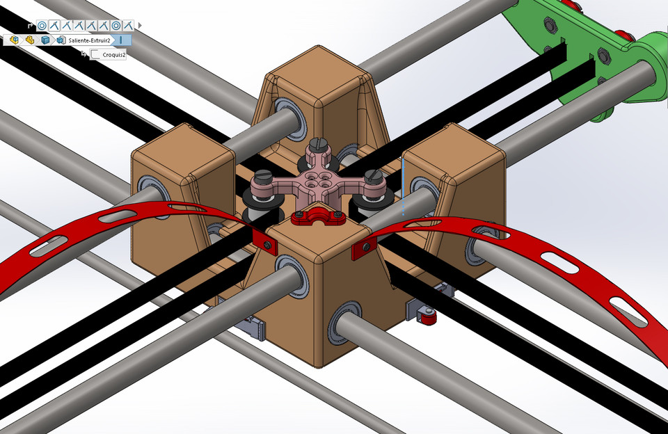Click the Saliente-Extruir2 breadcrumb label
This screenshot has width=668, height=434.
[89, 41]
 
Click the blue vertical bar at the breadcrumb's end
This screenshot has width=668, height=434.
[122, 41]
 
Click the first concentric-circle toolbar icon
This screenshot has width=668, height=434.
[42, 26]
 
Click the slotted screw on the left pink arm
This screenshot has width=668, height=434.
[264, 177]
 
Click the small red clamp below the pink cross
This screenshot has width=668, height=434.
[317, 218]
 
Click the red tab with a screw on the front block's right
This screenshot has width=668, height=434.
[364, 248]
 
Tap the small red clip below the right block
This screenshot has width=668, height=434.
[427, 316]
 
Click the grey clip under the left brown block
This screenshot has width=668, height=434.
[252, 326]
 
